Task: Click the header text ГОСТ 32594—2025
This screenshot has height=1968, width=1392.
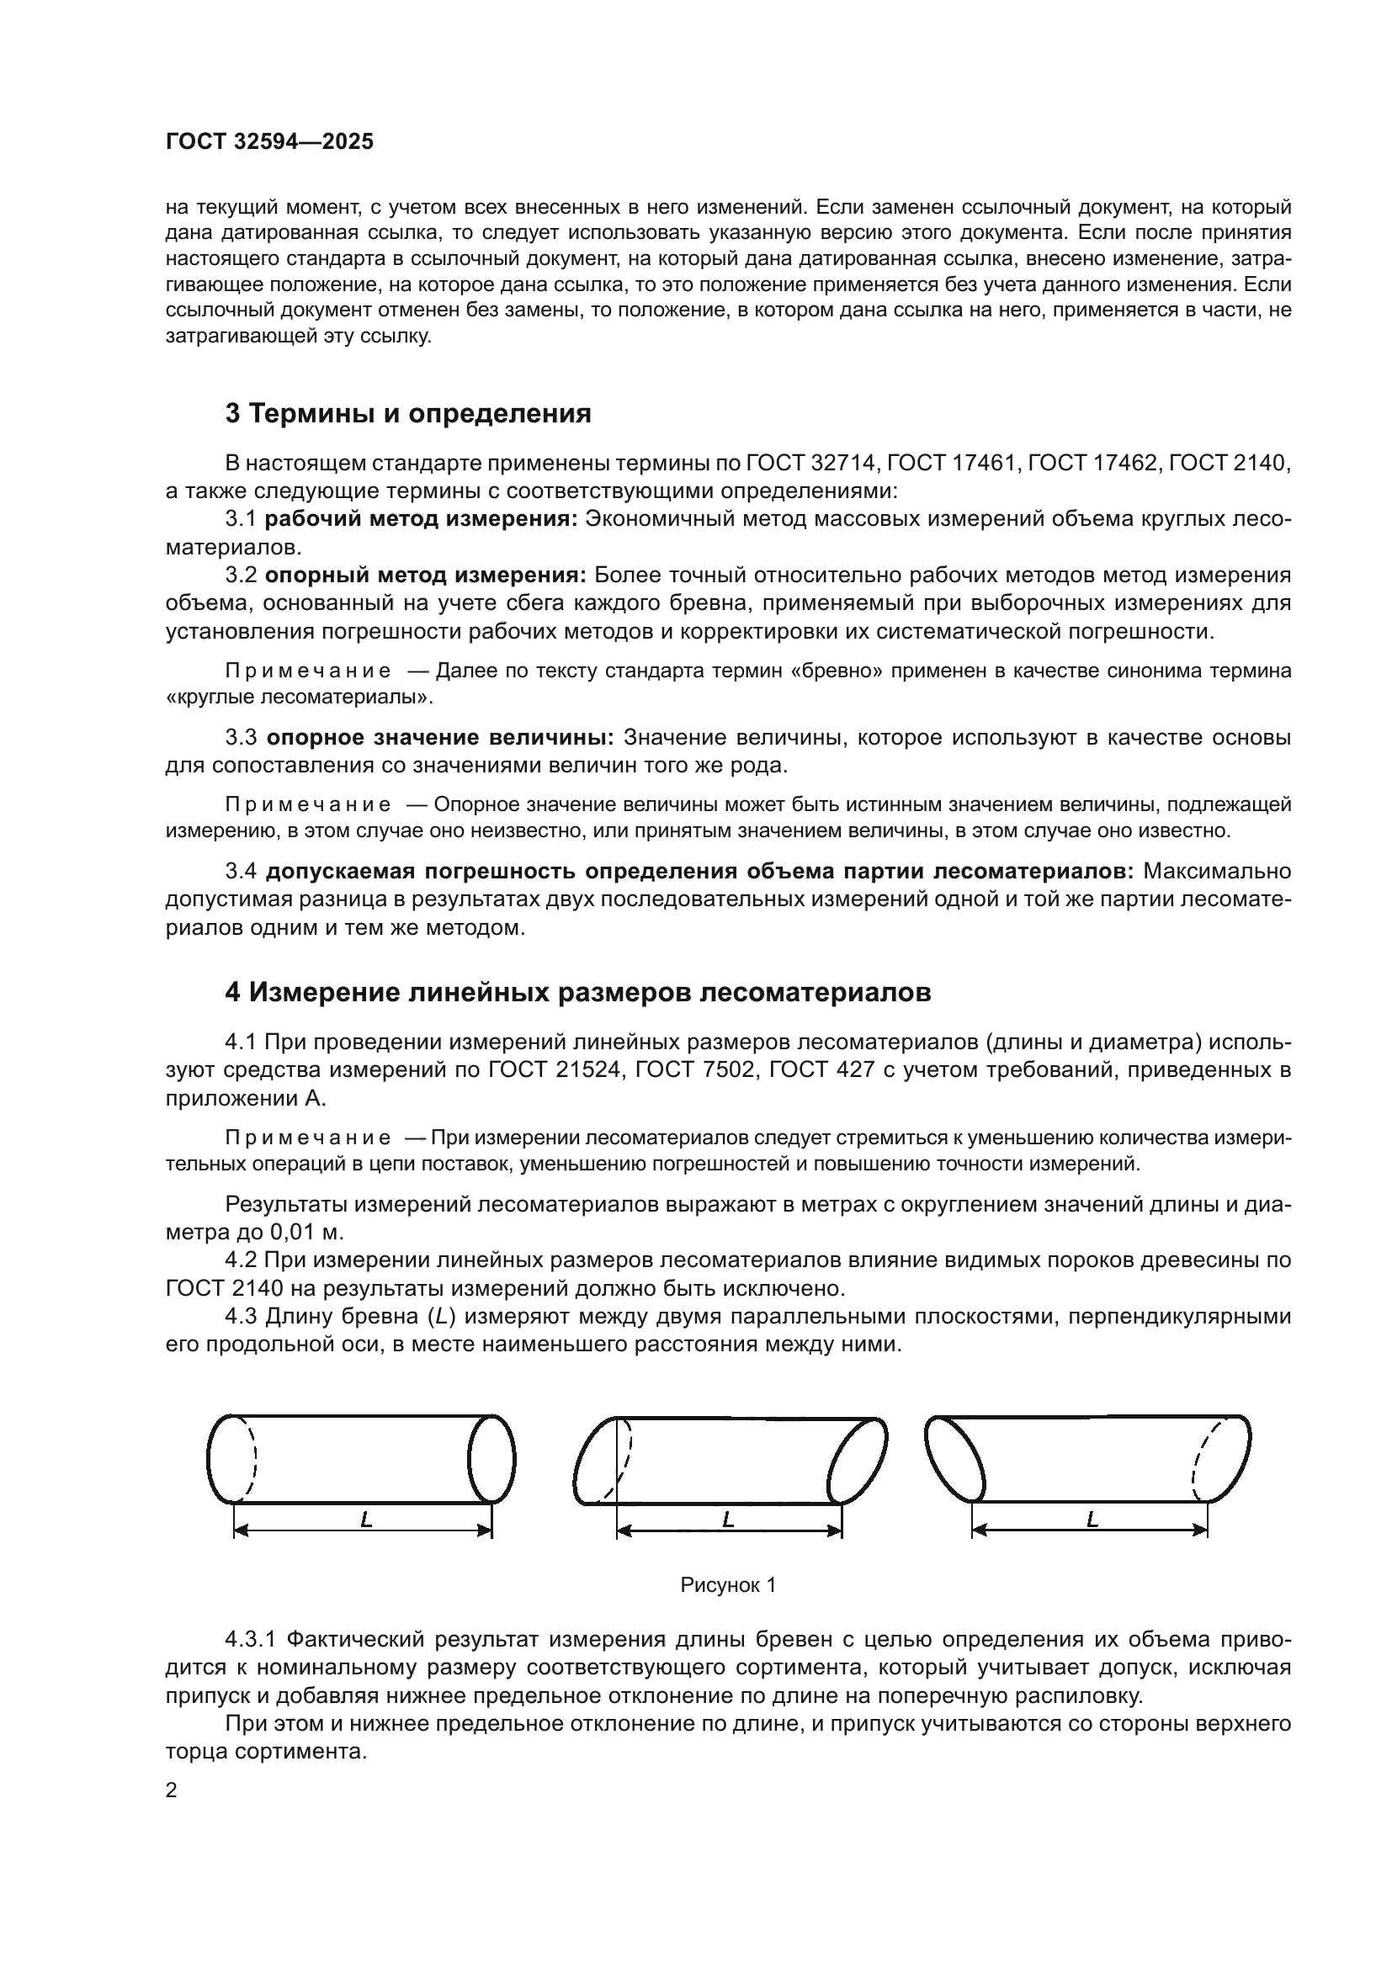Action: coord(269,142)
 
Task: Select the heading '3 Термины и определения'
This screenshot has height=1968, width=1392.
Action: coord(408,414)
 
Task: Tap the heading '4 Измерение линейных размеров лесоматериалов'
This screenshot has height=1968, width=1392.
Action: coord(577,993)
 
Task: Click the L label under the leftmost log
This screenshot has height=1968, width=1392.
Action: coord(367,1520)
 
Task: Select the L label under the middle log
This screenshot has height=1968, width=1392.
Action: coord(729,1520)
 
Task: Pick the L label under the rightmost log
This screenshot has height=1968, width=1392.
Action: coord(1092,1520)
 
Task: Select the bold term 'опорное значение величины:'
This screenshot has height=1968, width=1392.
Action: coord(439,738)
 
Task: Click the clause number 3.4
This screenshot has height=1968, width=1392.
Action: coord(241,872)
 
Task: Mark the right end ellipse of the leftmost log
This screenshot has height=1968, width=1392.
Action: coord(492,1459)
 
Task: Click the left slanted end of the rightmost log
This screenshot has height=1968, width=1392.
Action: coord(956,1457)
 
